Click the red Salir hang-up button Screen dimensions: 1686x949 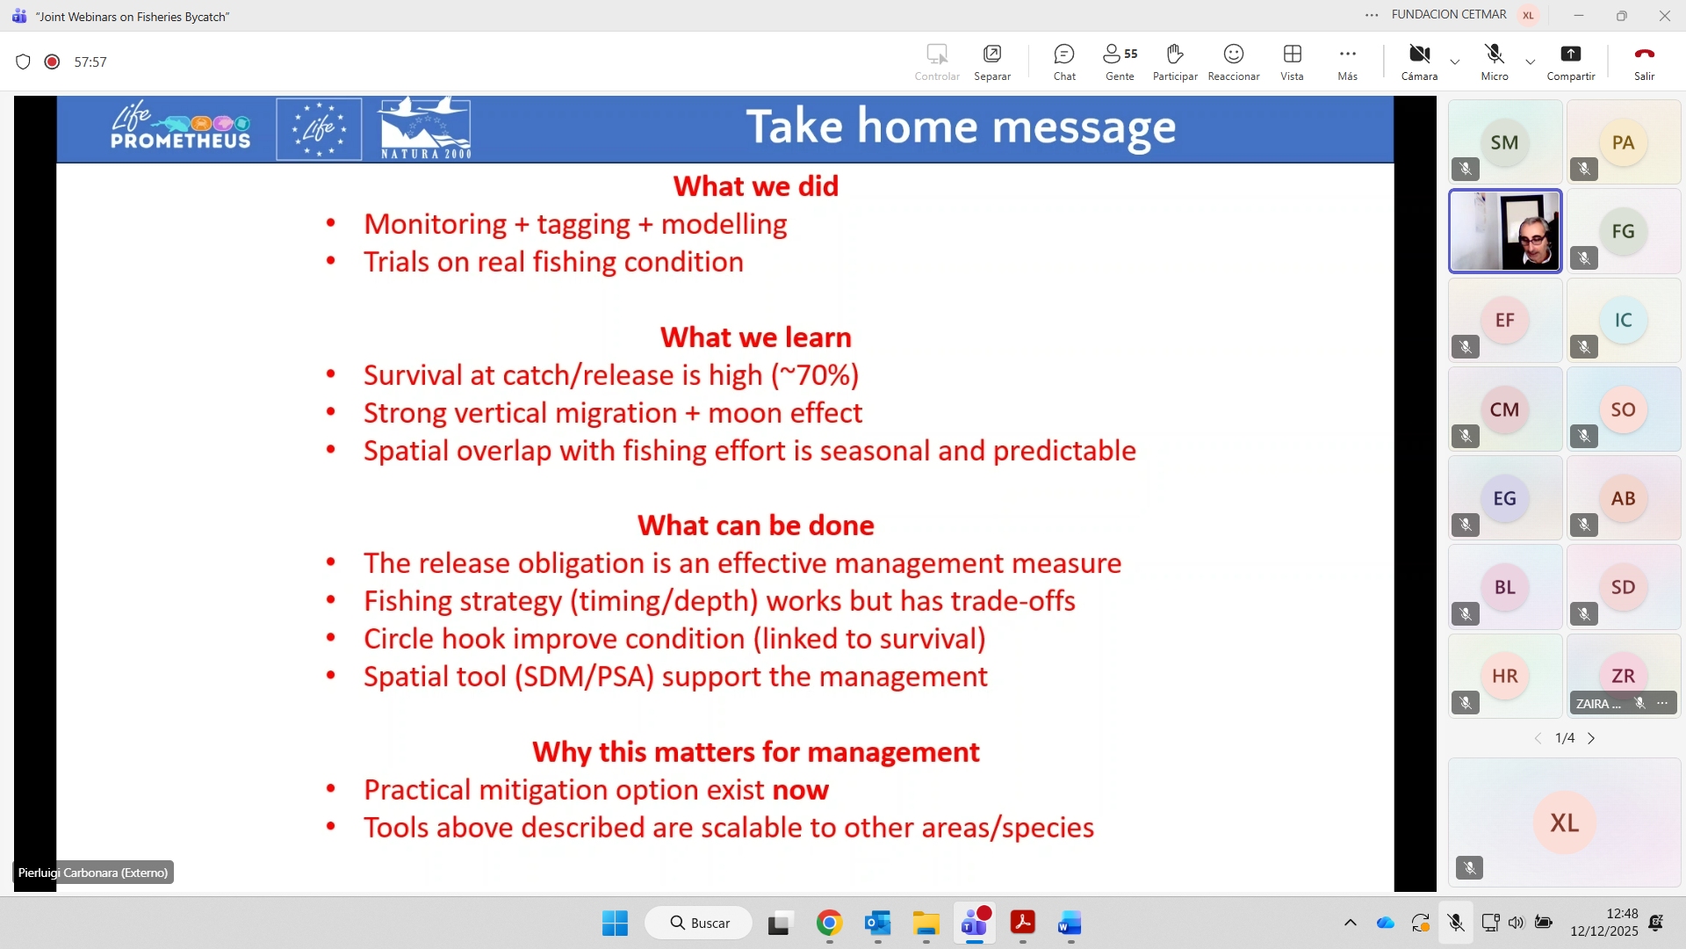pyautogui.click(x=1644, y=54)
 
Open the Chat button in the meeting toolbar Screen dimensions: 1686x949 pyautogui.click(x=1064, y=54)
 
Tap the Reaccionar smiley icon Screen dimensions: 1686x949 pyautogui.click(x=1234, y=54)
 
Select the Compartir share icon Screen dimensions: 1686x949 pyautogui.click(x=1570, y=54)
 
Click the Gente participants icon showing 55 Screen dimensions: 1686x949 pyautogui.click(x=1120, y=54)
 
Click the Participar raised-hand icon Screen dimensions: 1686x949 pyautogui.click(x=1175, y=54)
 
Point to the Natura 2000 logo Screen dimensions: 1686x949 pyautogui.click(x=425, y=128)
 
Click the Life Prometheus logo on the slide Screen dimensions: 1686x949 pyautogui.click(x=180, y=127)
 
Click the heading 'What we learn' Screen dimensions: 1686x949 pyautogui.click(x=756, y=337)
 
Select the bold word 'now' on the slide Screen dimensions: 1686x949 pyautogui.click(x=800, y=790)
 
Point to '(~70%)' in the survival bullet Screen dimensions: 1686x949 pyautogui.click(x=815, y=375)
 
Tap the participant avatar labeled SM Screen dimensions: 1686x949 pyautogui.click(x=1504, y=142)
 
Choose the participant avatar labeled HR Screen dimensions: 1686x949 pyautogui.click(x=1504, y=676)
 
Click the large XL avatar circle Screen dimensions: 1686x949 pyautogui.click(x=1564, y=822)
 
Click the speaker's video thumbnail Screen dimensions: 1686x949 pyautogui.click(x=1505, y=231)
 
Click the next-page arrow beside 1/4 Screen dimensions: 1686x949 pyautogui.click(x=1591, y=738)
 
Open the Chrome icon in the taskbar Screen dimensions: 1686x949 pyautogui.click(x=829, y=924)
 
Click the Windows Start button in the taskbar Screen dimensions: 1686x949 pyautogui.click(x=615, y=924)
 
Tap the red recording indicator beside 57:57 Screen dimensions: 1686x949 pyautogui.click(x=52, y=62)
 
